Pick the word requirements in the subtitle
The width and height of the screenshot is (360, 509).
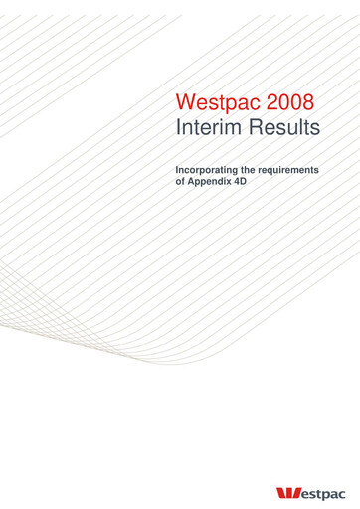[289, 171]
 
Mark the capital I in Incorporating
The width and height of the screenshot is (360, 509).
[177, 171]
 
